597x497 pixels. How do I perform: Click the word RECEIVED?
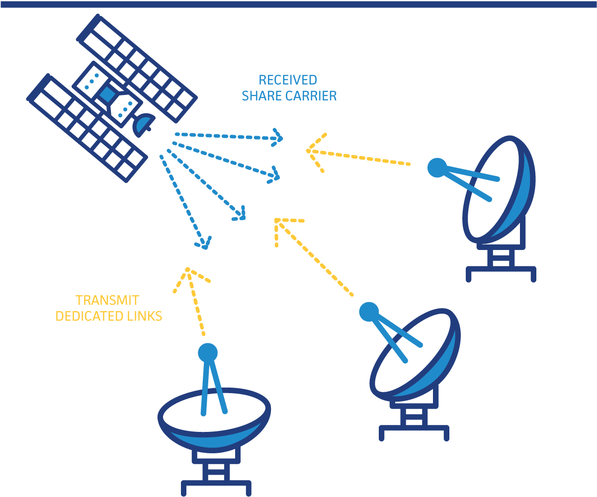click(x=288, y=80)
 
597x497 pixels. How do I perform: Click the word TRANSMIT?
click(x=107, y=301)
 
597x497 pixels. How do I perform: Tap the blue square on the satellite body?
click(x=106, y=94)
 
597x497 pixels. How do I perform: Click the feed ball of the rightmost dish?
click(x=437, y=167)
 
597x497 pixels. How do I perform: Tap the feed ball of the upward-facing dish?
click(x=208, y=353)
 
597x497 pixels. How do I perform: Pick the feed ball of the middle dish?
click(x=369, y=312)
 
